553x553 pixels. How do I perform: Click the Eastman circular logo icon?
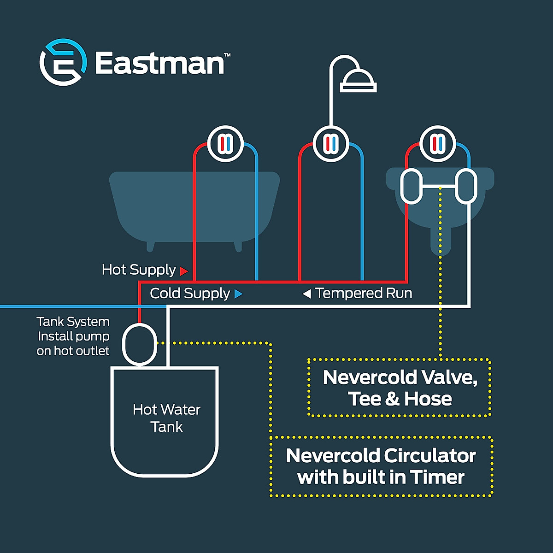(x=63, y=62)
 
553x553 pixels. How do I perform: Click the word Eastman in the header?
(x=159, y=63)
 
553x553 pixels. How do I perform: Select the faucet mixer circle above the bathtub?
(x=225, y=144)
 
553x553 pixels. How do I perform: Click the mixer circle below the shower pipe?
(x=331, y=144)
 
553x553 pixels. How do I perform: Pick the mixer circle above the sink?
(x=437, y=144)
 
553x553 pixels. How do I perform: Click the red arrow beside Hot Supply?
(x=184, y=271)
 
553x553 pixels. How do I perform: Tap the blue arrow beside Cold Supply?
(x=238, y=294)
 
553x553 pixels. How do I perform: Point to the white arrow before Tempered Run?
(x=307, y=294)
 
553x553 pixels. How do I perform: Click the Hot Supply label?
(x=139, y=270)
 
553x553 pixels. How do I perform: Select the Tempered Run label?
(x=364, y=293)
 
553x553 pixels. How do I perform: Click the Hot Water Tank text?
(x=166, y=418)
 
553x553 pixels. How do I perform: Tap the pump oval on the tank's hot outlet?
(x=140, y=344)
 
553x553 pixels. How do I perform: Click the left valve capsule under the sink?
(x=411, y=187)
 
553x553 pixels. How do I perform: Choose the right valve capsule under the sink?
(x=466, y=187)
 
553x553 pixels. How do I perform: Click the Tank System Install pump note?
(x=73, y=336)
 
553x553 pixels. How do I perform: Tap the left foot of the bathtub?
(x=150, y=246)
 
